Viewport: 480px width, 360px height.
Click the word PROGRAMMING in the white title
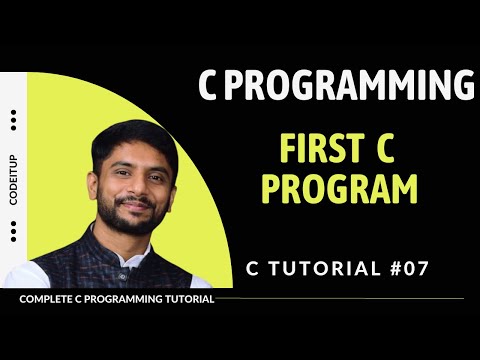point(348,87)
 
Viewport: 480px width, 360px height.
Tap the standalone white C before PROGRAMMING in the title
point(209,87)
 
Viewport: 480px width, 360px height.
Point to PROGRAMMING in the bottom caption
point(121,298)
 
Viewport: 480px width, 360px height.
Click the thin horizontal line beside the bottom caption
point(340,298)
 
